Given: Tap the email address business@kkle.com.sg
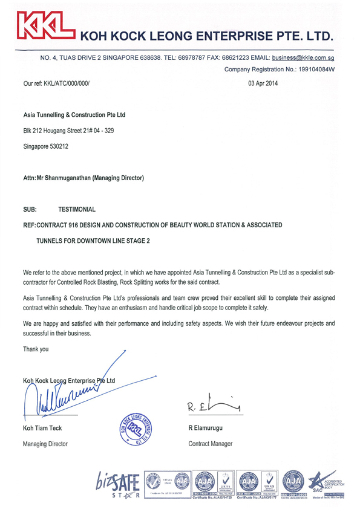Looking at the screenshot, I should (x=304, y=58).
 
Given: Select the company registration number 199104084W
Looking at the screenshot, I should (x=313, y=70).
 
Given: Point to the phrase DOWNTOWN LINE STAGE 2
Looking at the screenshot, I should (x=113, y=240).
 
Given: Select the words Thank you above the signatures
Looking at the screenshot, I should (x=36, y=349).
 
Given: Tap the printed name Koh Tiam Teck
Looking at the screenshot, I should (x=43, y=429).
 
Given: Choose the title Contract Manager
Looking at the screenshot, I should (x=211, y=444).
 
